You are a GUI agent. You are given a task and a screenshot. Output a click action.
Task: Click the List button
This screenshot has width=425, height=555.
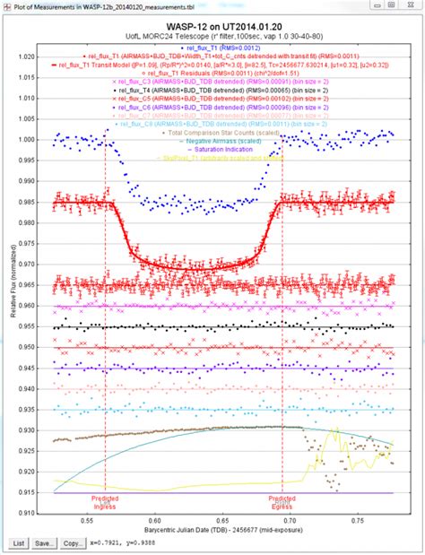click(19, 543)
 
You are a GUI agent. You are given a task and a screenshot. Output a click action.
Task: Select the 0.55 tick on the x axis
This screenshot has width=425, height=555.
click(88, 520)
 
